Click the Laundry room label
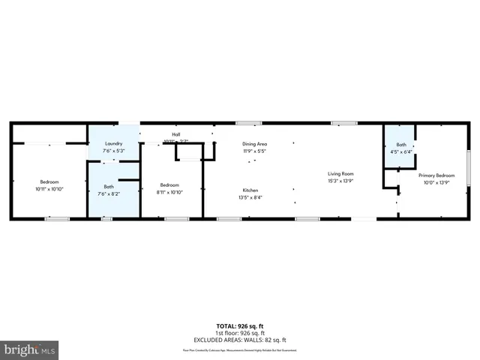(x=113, y=142)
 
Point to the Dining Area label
(x=254, y=143)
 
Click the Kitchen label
(x=250, y=190)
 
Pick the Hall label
(x=176, y=134)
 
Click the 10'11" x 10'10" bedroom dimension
(x=49, y=189)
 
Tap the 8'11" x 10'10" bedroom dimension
(x=169, y=192)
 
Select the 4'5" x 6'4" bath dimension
(x=401, y=152)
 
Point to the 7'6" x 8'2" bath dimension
(x=109, y=193)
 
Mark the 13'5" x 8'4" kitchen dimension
(x=250, y=198)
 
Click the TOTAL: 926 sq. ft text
(x=240, y=325)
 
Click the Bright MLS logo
(x=30, y=349)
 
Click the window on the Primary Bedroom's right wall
(x=469, y=163)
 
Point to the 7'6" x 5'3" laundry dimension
(x=113, y=150)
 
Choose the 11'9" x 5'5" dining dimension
(x=254, y=151)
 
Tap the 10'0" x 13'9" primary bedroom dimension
(x=436, y=181)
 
